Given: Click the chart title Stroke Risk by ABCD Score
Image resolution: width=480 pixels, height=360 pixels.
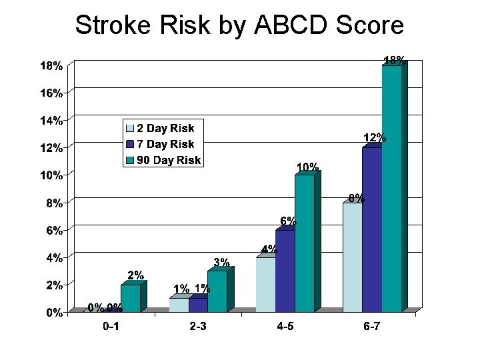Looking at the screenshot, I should click(239, 25).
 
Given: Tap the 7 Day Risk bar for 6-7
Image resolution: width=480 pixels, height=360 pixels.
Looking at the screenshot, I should click(372, 229).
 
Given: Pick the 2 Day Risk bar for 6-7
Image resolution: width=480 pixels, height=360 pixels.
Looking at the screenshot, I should click(353, 257).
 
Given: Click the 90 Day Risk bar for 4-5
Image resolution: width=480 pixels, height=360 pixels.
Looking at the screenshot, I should click(305, 243).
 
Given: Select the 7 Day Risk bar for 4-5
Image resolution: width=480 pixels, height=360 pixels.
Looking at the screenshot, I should click(285, 271).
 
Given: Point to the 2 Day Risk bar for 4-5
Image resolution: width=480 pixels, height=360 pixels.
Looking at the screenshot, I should click(265, 285).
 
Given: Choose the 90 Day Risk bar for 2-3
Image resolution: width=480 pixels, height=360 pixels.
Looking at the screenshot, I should click(217, 291).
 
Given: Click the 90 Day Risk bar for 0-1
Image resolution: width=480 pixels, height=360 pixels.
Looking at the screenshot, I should click(131, 298).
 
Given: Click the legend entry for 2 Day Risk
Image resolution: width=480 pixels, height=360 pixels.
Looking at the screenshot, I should click(165, 127).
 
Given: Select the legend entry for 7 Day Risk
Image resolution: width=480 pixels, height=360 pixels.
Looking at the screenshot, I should click(165, 144).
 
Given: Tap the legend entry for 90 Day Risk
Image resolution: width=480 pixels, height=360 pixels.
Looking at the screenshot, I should click(169, 160).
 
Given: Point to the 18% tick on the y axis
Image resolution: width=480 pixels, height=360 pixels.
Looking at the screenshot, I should click(51, 66).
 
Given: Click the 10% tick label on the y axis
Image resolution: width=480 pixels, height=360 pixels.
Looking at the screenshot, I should click(51, 175).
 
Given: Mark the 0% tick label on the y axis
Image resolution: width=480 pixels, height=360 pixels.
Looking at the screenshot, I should click(53, 313).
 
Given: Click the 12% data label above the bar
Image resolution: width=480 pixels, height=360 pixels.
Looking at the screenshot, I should click(374, 138).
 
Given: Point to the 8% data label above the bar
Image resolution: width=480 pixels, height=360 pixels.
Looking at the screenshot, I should click(356, 198).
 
